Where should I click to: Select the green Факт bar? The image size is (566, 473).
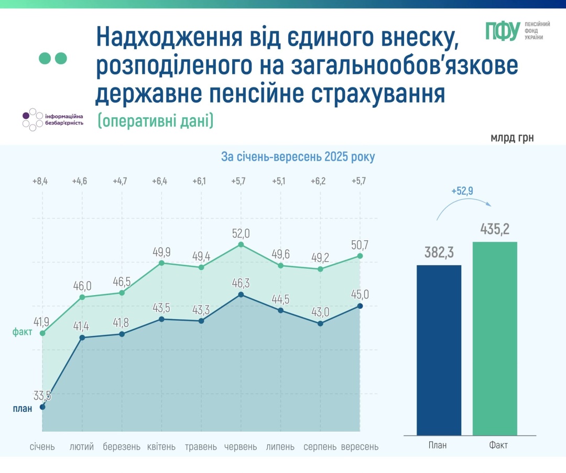495,338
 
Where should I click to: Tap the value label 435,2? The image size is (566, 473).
495,229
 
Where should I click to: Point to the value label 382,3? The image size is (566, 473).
439,252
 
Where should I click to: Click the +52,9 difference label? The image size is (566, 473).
462,192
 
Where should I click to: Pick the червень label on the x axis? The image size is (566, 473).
241,447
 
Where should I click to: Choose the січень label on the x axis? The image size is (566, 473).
42,447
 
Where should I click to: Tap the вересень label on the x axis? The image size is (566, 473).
360,447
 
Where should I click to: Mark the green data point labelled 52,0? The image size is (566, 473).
241,244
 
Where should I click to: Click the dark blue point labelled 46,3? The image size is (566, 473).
241,295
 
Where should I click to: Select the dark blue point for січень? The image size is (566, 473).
42,407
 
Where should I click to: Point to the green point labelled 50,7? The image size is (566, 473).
360,256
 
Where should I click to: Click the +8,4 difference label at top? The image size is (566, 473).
40,182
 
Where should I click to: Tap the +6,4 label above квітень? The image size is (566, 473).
160,182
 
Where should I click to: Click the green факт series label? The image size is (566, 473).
23,332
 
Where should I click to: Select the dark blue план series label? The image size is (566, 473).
23,409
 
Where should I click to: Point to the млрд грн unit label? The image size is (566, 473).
512,138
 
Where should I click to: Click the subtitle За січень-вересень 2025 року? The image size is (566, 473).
298,157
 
